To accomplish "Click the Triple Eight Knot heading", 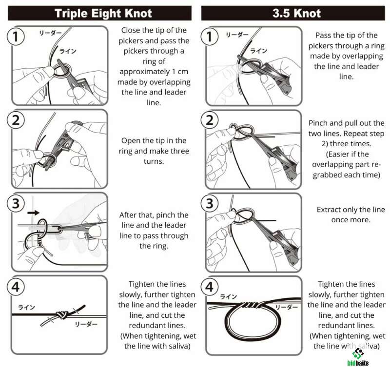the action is (103, 13).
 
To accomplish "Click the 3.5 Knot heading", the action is (296, 13).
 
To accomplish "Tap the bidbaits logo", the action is (358, 357).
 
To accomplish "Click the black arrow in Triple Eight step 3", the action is (33, 213).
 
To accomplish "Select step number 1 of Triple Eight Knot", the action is (16, 37).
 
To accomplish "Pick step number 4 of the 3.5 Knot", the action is (210, 287).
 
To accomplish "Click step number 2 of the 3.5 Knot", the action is (210, 120).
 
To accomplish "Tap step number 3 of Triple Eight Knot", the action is (16, 203).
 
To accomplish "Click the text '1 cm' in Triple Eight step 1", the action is (180, 72).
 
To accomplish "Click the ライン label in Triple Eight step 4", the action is (26, 308).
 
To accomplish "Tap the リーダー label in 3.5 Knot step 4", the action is (287, 308).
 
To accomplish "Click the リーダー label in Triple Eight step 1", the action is (50, 33).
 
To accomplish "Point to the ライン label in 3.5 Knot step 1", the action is (259, 51).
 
